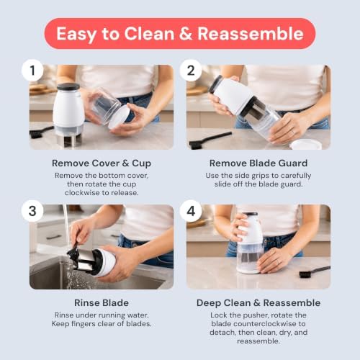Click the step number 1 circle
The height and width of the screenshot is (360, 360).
32,71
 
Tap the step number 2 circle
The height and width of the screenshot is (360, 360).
191,71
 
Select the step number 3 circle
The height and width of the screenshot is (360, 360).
32,211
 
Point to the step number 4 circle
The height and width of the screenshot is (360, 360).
191,211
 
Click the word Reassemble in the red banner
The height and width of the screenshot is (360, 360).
251,34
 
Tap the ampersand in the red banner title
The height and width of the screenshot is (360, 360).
186,34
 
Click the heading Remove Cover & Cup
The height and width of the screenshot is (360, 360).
102,163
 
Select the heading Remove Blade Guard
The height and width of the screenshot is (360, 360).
258,163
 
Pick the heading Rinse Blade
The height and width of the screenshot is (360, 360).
102,303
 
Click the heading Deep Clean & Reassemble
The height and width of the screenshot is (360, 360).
258,303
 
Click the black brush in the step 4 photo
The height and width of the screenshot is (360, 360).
315,271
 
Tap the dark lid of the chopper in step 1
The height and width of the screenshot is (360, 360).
68,86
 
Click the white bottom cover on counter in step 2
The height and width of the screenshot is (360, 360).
305,144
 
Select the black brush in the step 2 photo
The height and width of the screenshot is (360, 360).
210,140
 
